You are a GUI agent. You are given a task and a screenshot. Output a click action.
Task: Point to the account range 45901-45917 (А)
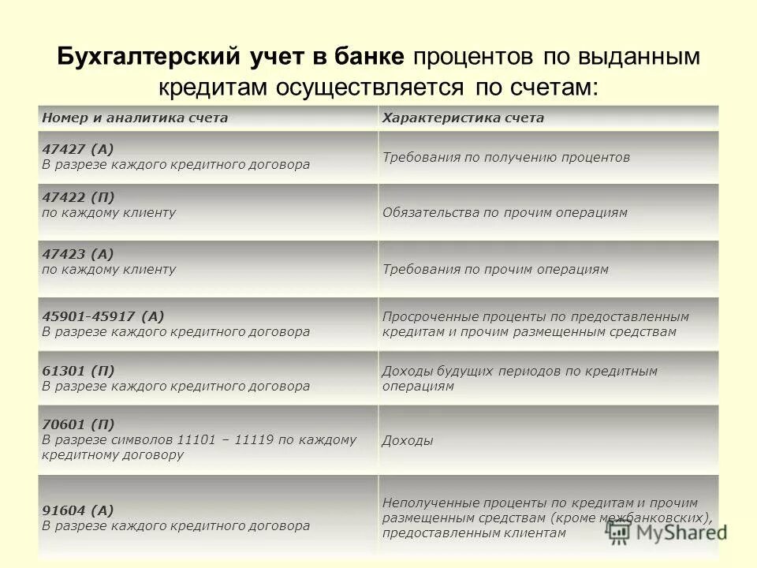[x=103, y=316]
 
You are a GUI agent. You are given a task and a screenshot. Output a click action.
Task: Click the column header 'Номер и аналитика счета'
[x=135, y=118]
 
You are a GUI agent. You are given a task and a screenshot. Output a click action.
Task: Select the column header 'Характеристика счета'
[x=463, y=118]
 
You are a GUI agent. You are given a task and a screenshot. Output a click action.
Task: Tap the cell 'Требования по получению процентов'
[x=505, y=157]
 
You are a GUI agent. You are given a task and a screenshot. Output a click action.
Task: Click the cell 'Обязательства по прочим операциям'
[x=505, y=213]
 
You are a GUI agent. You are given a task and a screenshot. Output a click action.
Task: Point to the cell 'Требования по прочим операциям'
[x=495, y=269]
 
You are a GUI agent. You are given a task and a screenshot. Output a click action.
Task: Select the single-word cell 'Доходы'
[x=407, y=441]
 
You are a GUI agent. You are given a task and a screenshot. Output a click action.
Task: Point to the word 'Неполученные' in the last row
[x=426, y=503]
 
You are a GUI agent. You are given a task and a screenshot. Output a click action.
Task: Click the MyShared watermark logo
[x=667, y=532]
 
